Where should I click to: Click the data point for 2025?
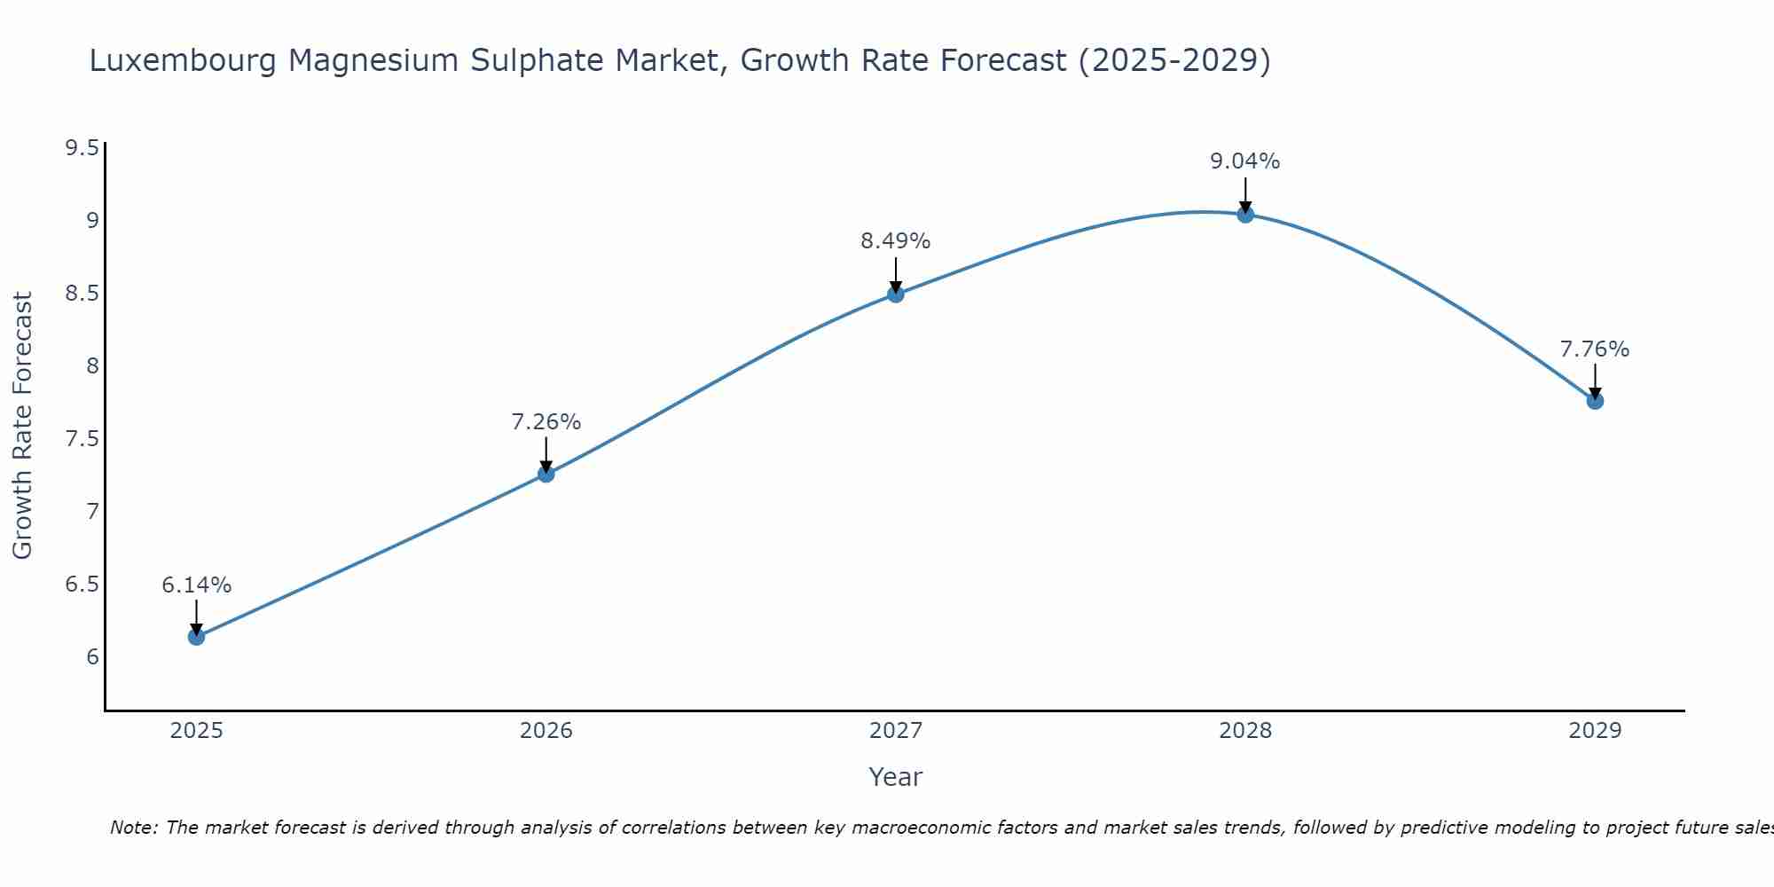196,637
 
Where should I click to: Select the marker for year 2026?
546,474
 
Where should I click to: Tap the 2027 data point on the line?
895,294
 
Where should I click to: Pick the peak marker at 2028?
1244,214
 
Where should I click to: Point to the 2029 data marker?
1594,401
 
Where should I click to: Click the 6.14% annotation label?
196,585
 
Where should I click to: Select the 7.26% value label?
546,422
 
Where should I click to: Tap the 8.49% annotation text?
895,241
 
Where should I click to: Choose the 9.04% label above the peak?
1244,161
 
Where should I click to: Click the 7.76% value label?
1594,349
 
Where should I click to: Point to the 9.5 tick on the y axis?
82,147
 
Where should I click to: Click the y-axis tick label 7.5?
82,439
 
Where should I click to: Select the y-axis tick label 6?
92,657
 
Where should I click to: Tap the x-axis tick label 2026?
546,731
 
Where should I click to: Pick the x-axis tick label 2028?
1244,731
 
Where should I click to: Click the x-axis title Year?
895,777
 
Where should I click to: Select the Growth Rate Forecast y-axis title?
22,426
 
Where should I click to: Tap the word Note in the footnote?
133,828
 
